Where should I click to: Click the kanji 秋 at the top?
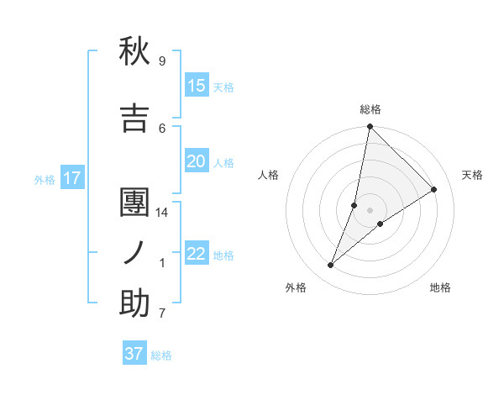(x=134, y=51)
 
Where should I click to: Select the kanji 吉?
(x=134, y=118)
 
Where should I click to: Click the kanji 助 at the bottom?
(x=134, y=303)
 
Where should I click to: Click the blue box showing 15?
(x=197, y=86)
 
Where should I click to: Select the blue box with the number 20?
(x=197, y=161)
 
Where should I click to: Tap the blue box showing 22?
(x=197, y=254)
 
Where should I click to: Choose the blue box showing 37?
(x=134, y=354)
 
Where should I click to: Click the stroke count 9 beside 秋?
(x=162, y=61)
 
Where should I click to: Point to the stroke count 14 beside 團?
(x=162, y=213)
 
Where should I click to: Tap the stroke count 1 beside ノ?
(x=162, y=263)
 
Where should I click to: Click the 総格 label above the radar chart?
(x=370, y=109)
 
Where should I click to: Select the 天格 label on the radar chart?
(x=472, y=175)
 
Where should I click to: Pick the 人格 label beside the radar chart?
(x=268, y=175)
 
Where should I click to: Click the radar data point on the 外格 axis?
(x=331, y=266)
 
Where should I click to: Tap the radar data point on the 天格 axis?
(x=434, y=189)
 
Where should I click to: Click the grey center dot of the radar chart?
(x=370, y=209)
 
